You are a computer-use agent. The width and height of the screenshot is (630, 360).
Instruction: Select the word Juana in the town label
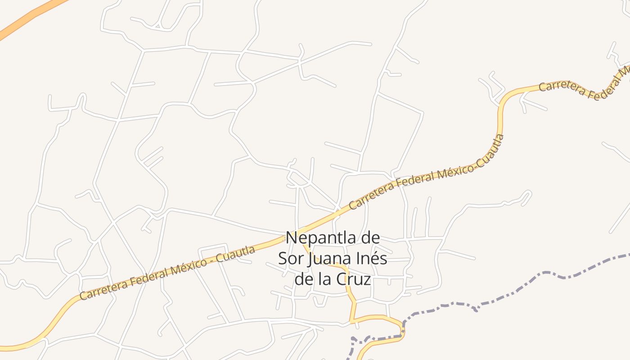329,259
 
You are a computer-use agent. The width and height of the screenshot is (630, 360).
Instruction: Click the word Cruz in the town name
354,279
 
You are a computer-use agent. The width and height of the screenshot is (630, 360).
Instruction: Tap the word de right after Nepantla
369,238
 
